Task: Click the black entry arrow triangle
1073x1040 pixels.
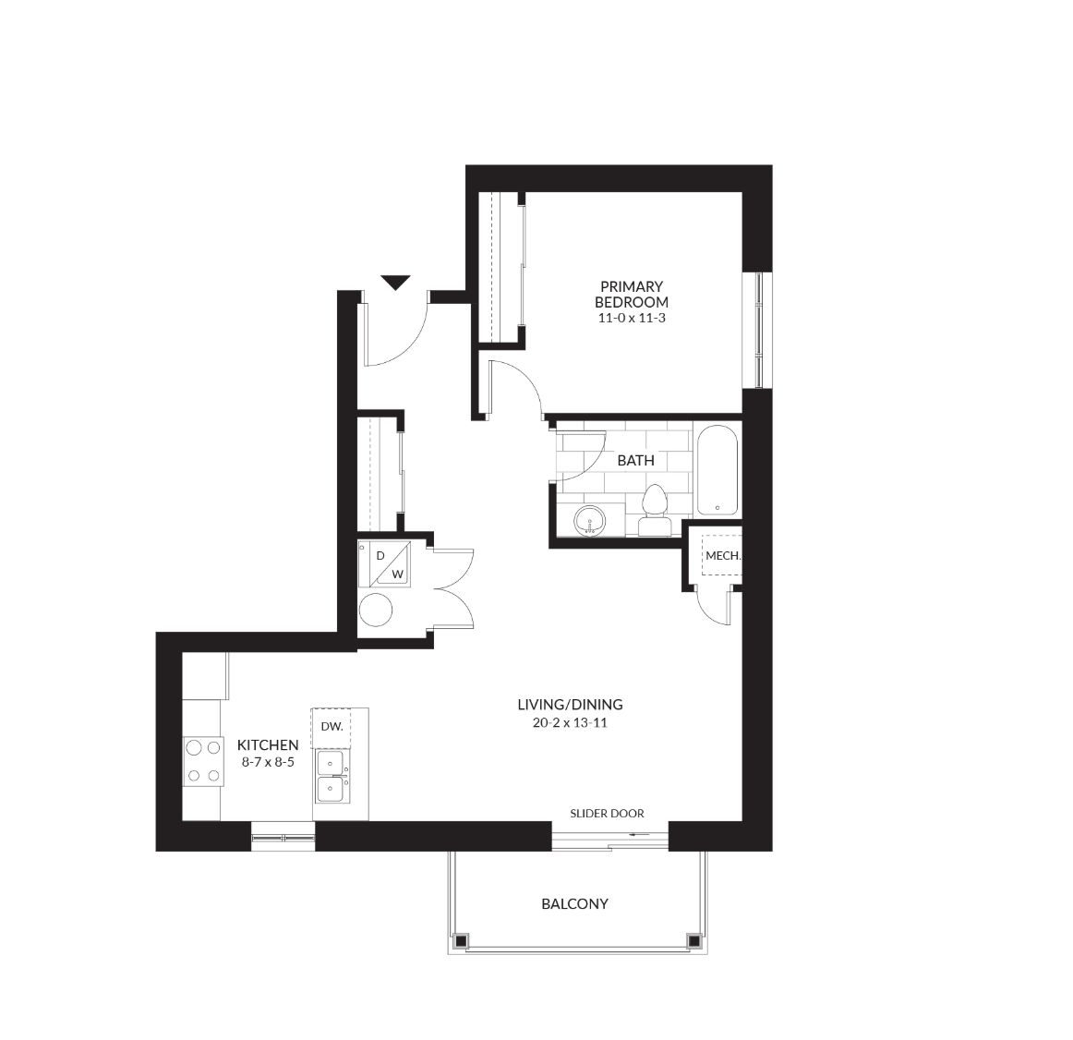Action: click(395, 282)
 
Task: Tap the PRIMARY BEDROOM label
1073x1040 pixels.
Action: click(631, 295)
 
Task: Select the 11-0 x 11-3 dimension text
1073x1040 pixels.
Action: click(632, 319)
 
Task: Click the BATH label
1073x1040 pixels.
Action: click(635, 461)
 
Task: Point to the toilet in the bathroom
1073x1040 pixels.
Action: click(655, 511)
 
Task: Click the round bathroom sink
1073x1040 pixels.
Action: click(589, 521)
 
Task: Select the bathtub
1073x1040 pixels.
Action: click(717, 470)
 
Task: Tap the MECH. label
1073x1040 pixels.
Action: click(723, 556)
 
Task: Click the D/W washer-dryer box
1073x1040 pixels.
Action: click(384, 563)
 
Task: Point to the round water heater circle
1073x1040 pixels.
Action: click(376, 610)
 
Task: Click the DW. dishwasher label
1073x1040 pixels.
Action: click(332, 726)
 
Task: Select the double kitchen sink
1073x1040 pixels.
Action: click(332, 777)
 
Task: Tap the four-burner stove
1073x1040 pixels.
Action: click(203, 761)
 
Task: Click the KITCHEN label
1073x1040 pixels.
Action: click(268, 745)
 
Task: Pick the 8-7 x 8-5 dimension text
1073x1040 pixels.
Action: click(268, 762)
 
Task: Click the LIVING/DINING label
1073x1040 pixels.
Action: click(570, 705)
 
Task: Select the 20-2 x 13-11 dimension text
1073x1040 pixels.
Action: click(570, 723)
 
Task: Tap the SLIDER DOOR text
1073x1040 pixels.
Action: click(607, 814)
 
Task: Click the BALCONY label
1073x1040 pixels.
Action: click(574, 903)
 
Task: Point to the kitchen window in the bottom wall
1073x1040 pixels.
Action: click(283, 837)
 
